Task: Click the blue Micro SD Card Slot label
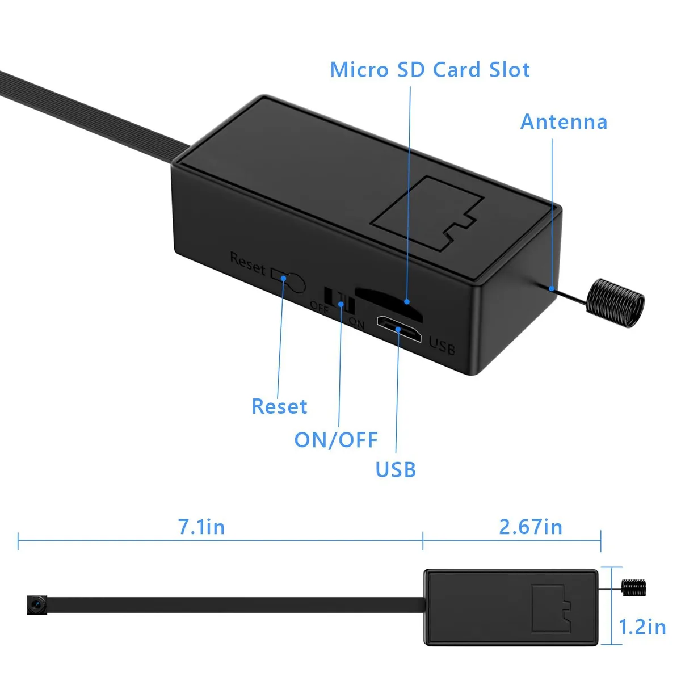click(430, 70)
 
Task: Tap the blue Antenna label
click(564, 122)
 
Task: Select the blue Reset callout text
click(279, 406)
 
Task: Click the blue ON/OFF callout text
click(336, 440)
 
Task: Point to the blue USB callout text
click(396, 470)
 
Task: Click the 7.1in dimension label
click(201, 527)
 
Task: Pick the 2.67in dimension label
click(531, 527)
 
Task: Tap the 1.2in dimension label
click(642, 627)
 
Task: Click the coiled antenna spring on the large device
click(615, 303)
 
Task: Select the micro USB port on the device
click(399, 329)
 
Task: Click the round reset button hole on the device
click(295, 283)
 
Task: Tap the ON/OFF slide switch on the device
click(339, 300)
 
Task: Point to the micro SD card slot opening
click(388, 304)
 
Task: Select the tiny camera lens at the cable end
click(37, 605)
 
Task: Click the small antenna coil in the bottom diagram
click(634, 588)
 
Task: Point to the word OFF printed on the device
click(319, 307)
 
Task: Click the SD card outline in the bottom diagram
click(551, 609)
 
